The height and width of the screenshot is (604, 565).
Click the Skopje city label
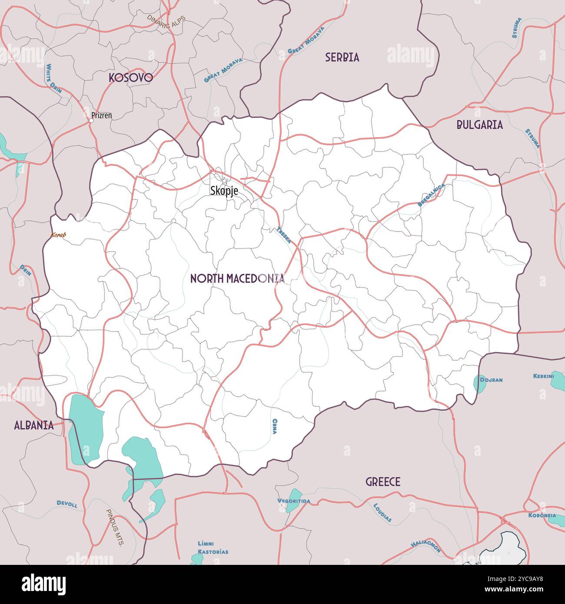(x=224, y=190)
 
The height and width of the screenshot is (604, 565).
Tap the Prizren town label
(x=101, y=116)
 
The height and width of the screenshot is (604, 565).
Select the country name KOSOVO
(x=130, y=78)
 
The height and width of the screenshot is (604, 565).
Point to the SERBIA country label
(x=342, y=57)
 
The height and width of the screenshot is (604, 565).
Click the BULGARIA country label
(x=479, y=125)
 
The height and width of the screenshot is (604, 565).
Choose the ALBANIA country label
(x=34, y=425)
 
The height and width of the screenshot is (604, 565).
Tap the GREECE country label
(x=382, y=482)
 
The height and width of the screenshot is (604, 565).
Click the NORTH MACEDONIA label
(x=237, y=279)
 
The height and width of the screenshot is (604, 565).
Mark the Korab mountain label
(x=58, y=235)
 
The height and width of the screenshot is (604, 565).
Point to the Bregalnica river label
(x=431, y=195)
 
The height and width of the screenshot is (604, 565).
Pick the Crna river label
(x=275, y=426)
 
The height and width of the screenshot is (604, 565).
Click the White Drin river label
(x=54, y=79)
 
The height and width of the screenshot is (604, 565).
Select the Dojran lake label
(x=491, y=380)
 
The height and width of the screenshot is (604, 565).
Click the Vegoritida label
(x=294, y=501)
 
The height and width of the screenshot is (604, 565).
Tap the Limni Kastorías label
(x=213, y=548)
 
